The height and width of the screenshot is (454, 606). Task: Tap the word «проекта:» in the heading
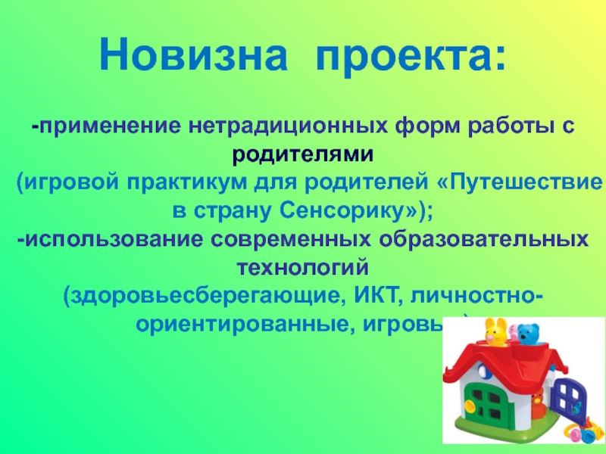[x=410, y=54]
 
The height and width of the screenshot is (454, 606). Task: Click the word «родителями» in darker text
[x=303, y=154]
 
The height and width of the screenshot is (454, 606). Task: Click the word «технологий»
[x=303, y=266]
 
